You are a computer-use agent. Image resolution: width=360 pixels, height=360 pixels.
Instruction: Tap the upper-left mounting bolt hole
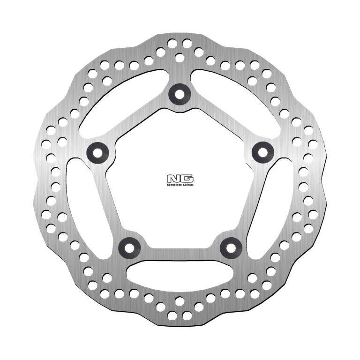97,151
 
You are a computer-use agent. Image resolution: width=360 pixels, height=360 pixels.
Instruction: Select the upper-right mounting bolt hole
262,151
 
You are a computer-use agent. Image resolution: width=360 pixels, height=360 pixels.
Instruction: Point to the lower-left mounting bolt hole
129,247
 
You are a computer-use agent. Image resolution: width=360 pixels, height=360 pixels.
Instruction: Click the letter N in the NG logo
174,179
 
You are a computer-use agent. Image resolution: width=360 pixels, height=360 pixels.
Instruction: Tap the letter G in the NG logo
186,179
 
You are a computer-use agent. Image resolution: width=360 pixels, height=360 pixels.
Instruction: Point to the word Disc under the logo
187,185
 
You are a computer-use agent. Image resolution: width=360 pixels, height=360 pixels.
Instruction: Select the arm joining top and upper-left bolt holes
138,121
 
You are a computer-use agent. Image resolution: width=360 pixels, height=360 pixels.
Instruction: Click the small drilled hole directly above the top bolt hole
180,58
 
